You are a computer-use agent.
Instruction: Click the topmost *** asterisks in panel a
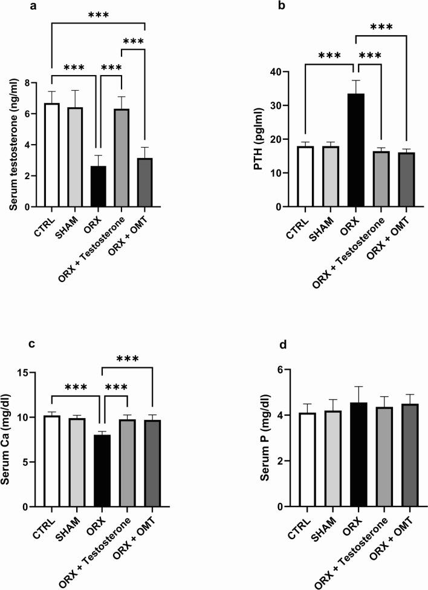(99, 15)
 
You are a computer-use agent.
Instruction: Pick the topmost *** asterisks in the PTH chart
(381, 27)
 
